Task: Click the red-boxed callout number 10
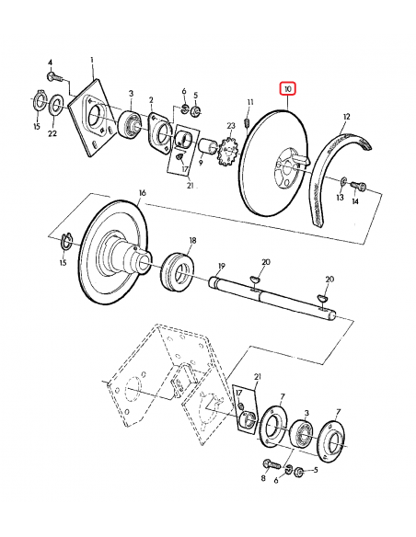click(288, 89)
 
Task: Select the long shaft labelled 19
click(272, 297)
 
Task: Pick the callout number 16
click(143, 193)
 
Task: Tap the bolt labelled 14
click(358, 187)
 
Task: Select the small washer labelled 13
click(343, 180)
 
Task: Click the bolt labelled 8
click(272, 464)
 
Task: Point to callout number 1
click(92, 61)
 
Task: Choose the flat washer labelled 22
click(55, 107)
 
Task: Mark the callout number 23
click(231, 126)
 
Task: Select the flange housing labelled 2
click(158, 132)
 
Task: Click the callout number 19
click(222, 266)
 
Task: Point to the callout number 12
click(346, 117)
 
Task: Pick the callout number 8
click(263, 478)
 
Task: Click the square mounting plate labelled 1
click(92, 118)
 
